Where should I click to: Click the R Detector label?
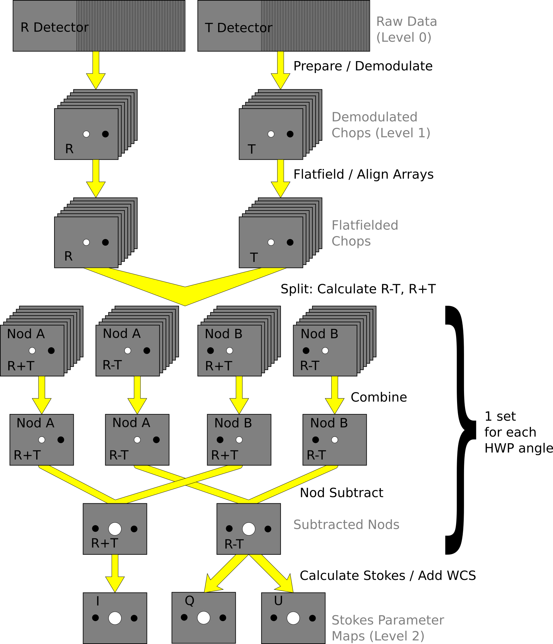(x=54, y=28)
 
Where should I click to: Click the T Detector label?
(x=238, y=28)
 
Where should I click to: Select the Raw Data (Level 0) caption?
(x=406, y=29)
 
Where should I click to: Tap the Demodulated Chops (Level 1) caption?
(x=380, y=125)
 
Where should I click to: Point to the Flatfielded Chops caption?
(x=364, y=233)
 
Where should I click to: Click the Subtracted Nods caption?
(x=346, y=524)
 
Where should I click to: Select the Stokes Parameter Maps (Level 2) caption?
(x=387, y=628)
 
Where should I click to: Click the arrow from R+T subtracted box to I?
(x=115, y=573)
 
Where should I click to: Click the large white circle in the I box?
(x=115, y=618)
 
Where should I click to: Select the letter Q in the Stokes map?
(x=190, y=601)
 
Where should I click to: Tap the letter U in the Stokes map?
(x=278, y=601)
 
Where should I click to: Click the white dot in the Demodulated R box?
(x=86, y=134)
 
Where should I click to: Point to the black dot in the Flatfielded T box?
(x=290, y=242)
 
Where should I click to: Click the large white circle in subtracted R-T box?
(x=249, y=529)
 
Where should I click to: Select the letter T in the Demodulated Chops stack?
(x=252, y=149)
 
